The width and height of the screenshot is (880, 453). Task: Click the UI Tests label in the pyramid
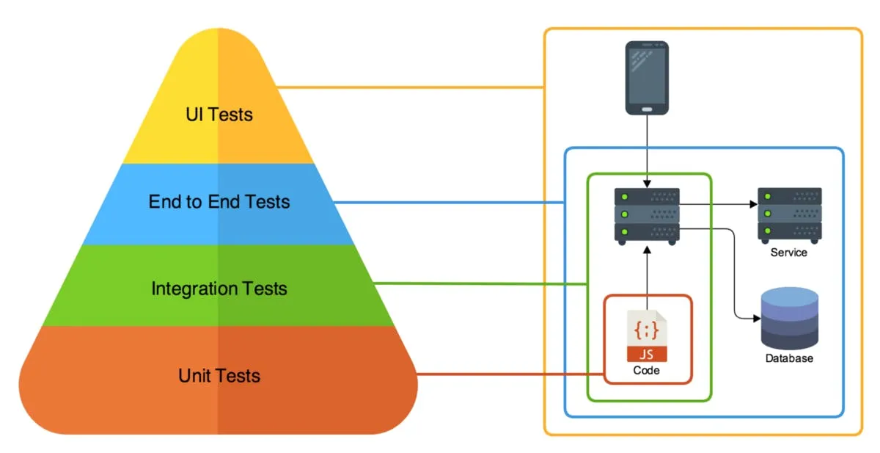tap(219, 115)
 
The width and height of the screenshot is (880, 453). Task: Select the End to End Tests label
tap(219, 201)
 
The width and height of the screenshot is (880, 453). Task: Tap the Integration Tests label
tap(219, 289)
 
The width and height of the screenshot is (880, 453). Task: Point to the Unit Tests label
tap(219, 376)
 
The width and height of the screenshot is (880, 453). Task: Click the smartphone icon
tap(647, 78)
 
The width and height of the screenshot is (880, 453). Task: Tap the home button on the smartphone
tap(647, 109)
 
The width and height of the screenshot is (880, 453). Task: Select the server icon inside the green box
tap(647, 215)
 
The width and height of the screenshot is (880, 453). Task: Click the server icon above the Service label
tap(789, 214)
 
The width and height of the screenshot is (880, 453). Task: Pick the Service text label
tap(788, 253)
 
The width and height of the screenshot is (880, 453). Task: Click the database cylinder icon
tap(789, 319)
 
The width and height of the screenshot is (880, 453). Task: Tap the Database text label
tap(789, 358)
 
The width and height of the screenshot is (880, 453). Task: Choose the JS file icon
tap(647, 335)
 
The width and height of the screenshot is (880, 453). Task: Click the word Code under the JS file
tap(647, 371)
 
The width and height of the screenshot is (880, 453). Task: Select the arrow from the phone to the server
tap(647, 151)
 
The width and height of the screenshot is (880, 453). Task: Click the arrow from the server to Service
tap(719, 204)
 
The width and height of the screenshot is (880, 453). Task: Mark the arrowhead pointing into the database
tap(756, 319)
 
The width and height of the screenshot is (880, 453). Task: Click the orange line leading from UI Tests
tap(411, 88)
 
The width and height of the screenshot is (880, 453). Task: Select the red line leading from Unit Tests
tap(506, 374)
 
